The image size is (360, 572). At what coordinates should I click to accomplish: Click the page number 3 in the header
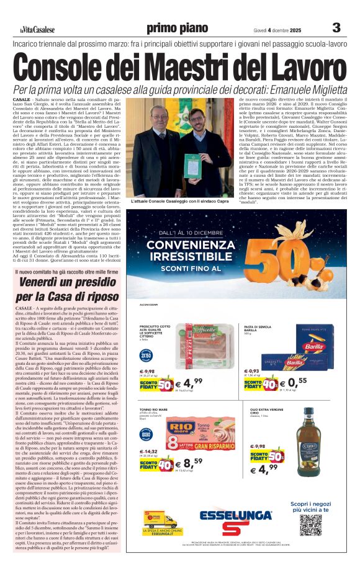[x=336, y=27]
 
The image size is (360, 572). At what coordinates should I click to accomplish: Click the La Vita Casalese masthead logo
[x=35, y=29]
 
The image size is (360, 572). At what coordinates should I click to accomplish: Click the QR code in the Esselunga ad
[x=310, y=525]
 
